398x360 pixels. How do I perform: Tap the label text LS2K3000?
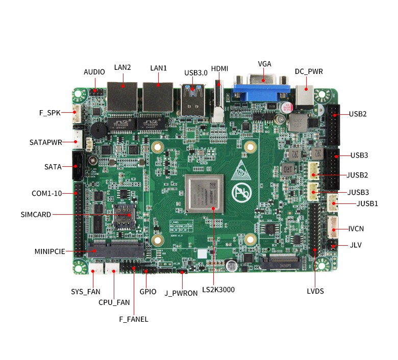pos(218,290)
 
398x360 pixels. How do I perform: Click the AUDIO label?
pos(94,72)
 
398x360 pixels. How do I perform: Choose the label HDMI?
pos(219,68)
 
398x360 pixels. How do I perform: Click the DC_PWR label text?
pos(309,71)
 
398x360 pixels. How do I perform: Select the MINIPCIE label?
pos(49,251)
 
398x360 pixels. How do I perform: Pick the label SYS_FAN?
pos(85,292)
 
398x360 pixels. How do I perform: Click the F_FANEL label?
pos(133,319)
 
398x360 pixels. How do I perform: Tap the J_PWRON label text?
pos(181,293)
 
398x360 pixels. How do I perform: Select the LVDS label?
pos(315,291)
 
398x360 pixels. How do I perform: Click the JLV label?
pos(356,245)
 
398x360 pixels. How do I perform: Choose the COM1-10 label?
pos(46,193)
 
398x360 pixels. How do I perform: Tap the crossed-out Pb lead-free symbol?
pos(240,193)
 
